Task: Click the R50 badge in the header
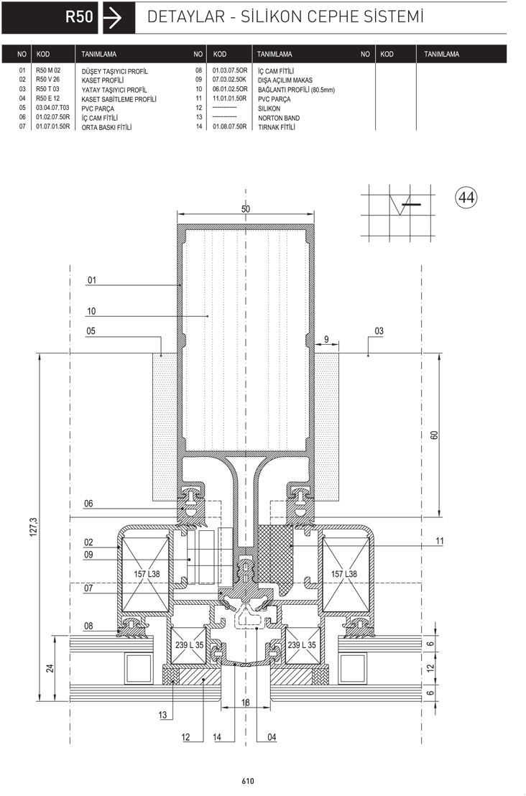79,17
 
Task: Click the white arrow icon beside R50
112,18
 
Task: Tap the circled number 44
466,196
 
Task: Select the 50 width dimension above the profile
246,208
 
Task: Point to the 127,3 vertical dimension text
34,527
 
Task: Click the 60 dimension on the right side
433,435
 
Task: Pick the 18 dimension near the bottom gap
246,703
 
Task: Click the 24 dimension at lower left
50,668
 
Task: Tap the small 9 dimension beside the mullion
326,339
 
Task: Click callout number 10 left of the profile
91,311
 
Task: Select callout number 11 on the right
440,541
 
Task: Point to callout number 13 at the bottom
162,715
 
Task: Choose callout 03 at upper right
379,331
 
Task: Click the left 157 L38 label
147,573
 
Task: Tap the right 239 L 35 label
302,644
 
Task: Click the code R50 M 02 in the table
48,70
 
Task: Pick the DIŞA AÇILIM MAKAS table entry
285,80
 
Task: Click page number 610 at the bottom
248,782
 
